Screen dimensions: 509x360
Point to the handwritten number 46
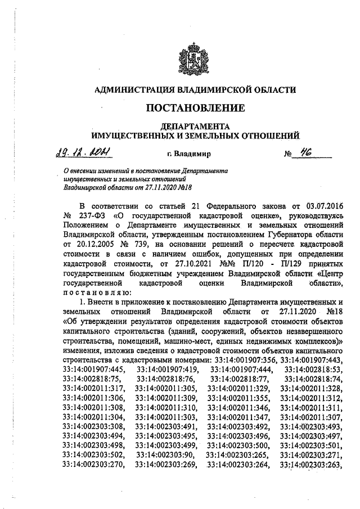click(308, 151)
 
